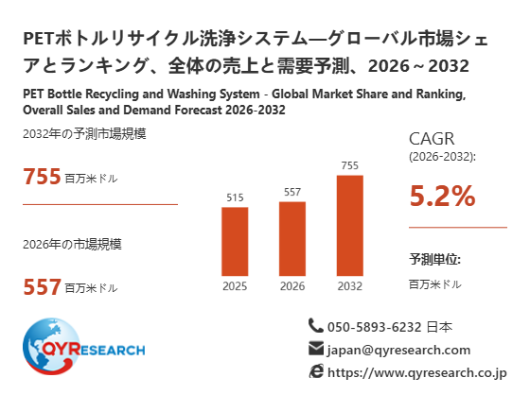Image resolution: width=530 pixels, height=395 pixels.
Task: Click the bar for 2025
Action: click(x=235, y=241)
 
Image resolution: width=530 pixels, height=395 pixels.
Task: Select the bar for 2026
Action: click(x=292, y=239)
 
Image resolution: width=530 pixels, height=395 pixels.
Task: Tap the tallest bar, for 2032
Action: click(x=350, y=226)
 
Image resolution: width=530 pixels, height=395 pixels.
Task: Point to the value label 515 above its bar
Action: click(x=235, y=197)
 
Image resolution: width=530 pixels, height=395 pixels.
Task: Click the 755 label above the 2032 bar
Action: click(x=350, y=165)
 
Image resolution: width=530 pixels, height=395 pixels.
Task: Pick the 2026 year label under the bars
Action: click(x=292, y=286)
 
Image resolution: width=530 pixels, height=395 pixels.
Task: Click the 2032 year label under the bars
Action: click(x=350, y=286)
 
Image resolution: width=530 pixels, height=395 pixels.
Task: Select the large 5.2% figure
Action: click(x=443, y=196)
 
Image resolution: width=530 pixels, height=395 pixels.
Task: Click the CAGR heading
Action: click(x=432, y=138)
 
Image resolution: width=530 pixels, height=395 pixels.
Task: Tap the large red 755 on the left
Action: click(x=42, y=176)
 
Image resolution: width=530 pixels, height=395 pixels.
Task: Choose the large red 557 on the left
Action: click(x=42, y=286)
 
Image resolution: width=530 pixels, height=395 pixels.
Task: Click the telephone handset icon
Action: click(x=316, y=326)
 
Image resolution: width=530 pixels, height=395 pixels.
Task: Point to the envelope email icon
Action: click(x=316, y=349)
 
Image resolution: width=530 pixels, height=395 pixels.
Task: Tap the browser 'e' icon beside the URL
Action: click(x=316, y=371)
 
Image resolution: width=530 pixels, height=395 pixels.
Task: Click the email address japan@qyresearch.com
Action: click(x=398, y=350)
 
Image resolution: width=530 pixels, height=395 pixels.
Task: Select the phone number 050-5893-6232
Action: click(x=375, y=327)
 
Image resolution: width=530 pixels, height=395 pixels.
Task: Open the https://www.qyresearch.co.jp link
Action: click(x=417, y=372)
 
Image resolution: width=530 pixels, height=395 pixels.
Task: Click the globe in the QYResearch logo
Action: click(x=51, y=346)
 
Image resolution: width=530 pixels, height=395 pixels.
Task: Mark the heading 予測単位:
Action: click(x=435, y=259)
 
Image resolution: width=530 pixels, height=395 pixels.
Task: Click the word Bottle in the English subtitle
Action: click(x=64, y=94)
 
